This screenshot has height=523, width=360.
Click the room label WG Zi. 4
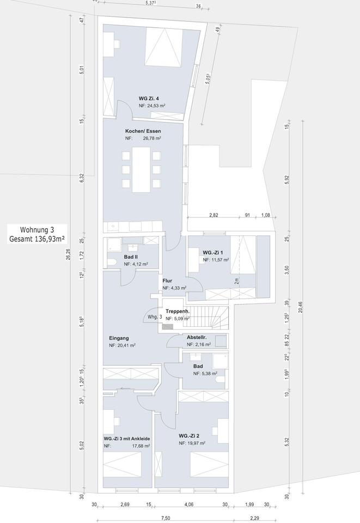(149, 99)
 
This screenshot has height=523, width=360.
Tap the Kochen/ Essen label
(143, 131)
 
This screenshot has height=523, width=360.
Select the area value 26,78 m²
(152, 138)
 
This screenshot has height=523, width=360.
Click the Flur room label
(167, 281)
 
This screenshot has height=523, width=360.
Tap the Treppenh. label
(177, 311)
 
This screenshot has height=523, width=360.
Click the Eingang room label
(119, 338)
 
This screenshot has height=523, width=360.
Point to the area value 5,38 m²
(205, 374)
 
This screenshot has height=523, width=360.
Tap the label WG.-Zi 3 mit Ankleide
(127, 438)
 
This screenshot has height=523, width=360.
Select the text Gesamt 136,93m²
(37, 239)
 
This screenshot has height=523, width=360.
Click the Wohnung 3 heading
(37, 230)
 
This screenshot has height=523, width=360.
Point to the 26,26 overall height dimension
(68, 254)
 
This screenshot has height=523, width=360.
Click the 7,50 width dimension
(166, 518)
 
